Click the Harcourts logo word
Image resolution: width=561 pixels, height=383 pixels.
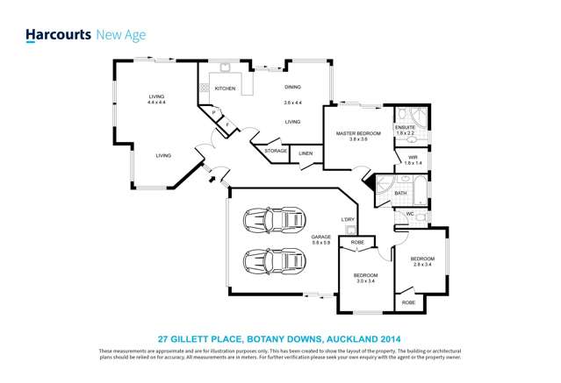(55, 35)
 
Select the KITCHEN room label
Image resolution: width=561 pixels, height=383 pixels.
(225, 89)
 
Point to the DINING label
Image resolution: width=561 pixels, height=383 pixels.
(292, 87)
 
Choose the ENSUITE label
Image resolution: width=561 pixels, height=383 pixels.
(406, 128)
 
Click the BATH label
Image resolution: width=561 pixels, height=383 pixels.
(400, 193)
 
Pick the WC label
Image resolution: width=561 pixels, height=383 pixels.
(409, 213)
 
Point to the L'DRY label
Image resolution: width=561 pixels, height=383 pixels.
(347, 219)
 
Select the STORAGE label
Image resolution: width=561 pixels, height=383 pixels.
(276, 151)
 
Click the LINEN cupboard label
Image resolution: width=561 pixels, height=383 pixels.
(306, 154)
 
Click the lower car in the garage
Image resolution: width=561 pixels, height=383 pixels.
(271, 261)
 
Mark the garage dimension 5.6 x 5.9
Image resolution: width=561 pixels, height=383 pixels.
(320, 243)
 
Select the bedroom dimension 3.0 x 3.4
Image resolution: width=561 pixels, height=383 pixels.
(365, 281)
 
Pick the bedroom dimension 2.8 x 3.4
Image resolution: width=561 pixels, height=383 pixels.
(423, 264)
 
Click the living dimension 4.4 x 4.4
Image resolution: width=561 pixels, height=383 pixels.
(157, 103)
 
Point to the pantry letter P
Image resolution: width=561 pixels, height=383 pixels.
(213, 112)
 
